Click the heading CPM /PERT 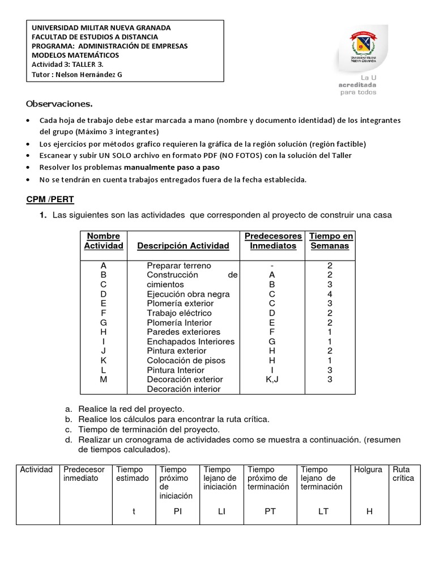tap(50, 200)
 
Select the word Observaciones tap(59, 104)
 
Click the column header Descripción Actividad tap(183, 246)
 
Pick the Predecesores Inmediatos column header tap(273, 241)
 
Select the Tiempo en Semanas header tap(330, 241)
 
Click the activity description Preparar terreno tap(178, 266)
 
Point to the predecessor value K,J tap(272, 379)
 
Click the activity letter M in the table tap(103, 379)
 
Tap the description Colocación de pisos tap(186, 360)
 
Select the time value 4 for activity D tap(330, 294)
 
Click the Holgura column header tap(368, 470)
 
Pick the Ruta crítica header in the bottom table tap(403, 474)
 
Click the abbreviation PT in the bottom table tap(270, 511)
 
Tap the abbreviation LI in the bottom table tap(221, 511)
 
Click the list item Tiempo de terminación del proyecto tap(149, 430)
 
